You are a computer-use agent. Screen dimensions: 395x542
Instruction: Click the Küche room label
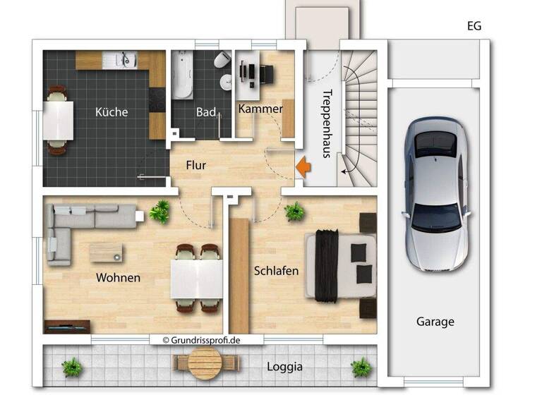112,111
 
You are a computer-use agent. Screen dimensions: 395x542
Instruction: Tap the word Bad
205,112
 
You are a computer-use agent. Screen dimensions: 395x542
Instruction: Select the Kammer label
260,109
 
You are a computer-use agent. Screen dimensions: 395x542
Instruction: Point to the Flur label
195,166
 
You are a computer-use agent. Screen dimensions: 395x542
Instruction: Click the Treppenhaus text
326,123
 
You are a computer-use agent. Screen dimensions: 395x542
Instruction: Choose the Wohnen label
118,277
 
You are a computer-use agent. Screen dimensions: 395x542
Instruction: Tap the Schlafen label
276,271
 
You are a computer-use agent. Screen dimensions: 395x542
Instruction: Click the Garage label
435,322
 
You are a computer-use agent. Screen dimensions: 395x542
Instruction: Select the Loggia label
285,367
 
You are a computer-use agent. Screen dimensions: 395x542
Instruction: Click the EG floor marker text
474,27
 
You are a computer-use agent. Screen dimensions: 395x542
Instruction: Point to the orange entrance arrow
302,167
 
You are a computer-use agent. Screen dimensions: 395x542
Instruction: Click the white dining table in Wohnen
198,279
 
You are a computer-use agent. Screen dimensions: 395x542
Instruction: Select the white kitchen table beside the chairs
59,120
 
